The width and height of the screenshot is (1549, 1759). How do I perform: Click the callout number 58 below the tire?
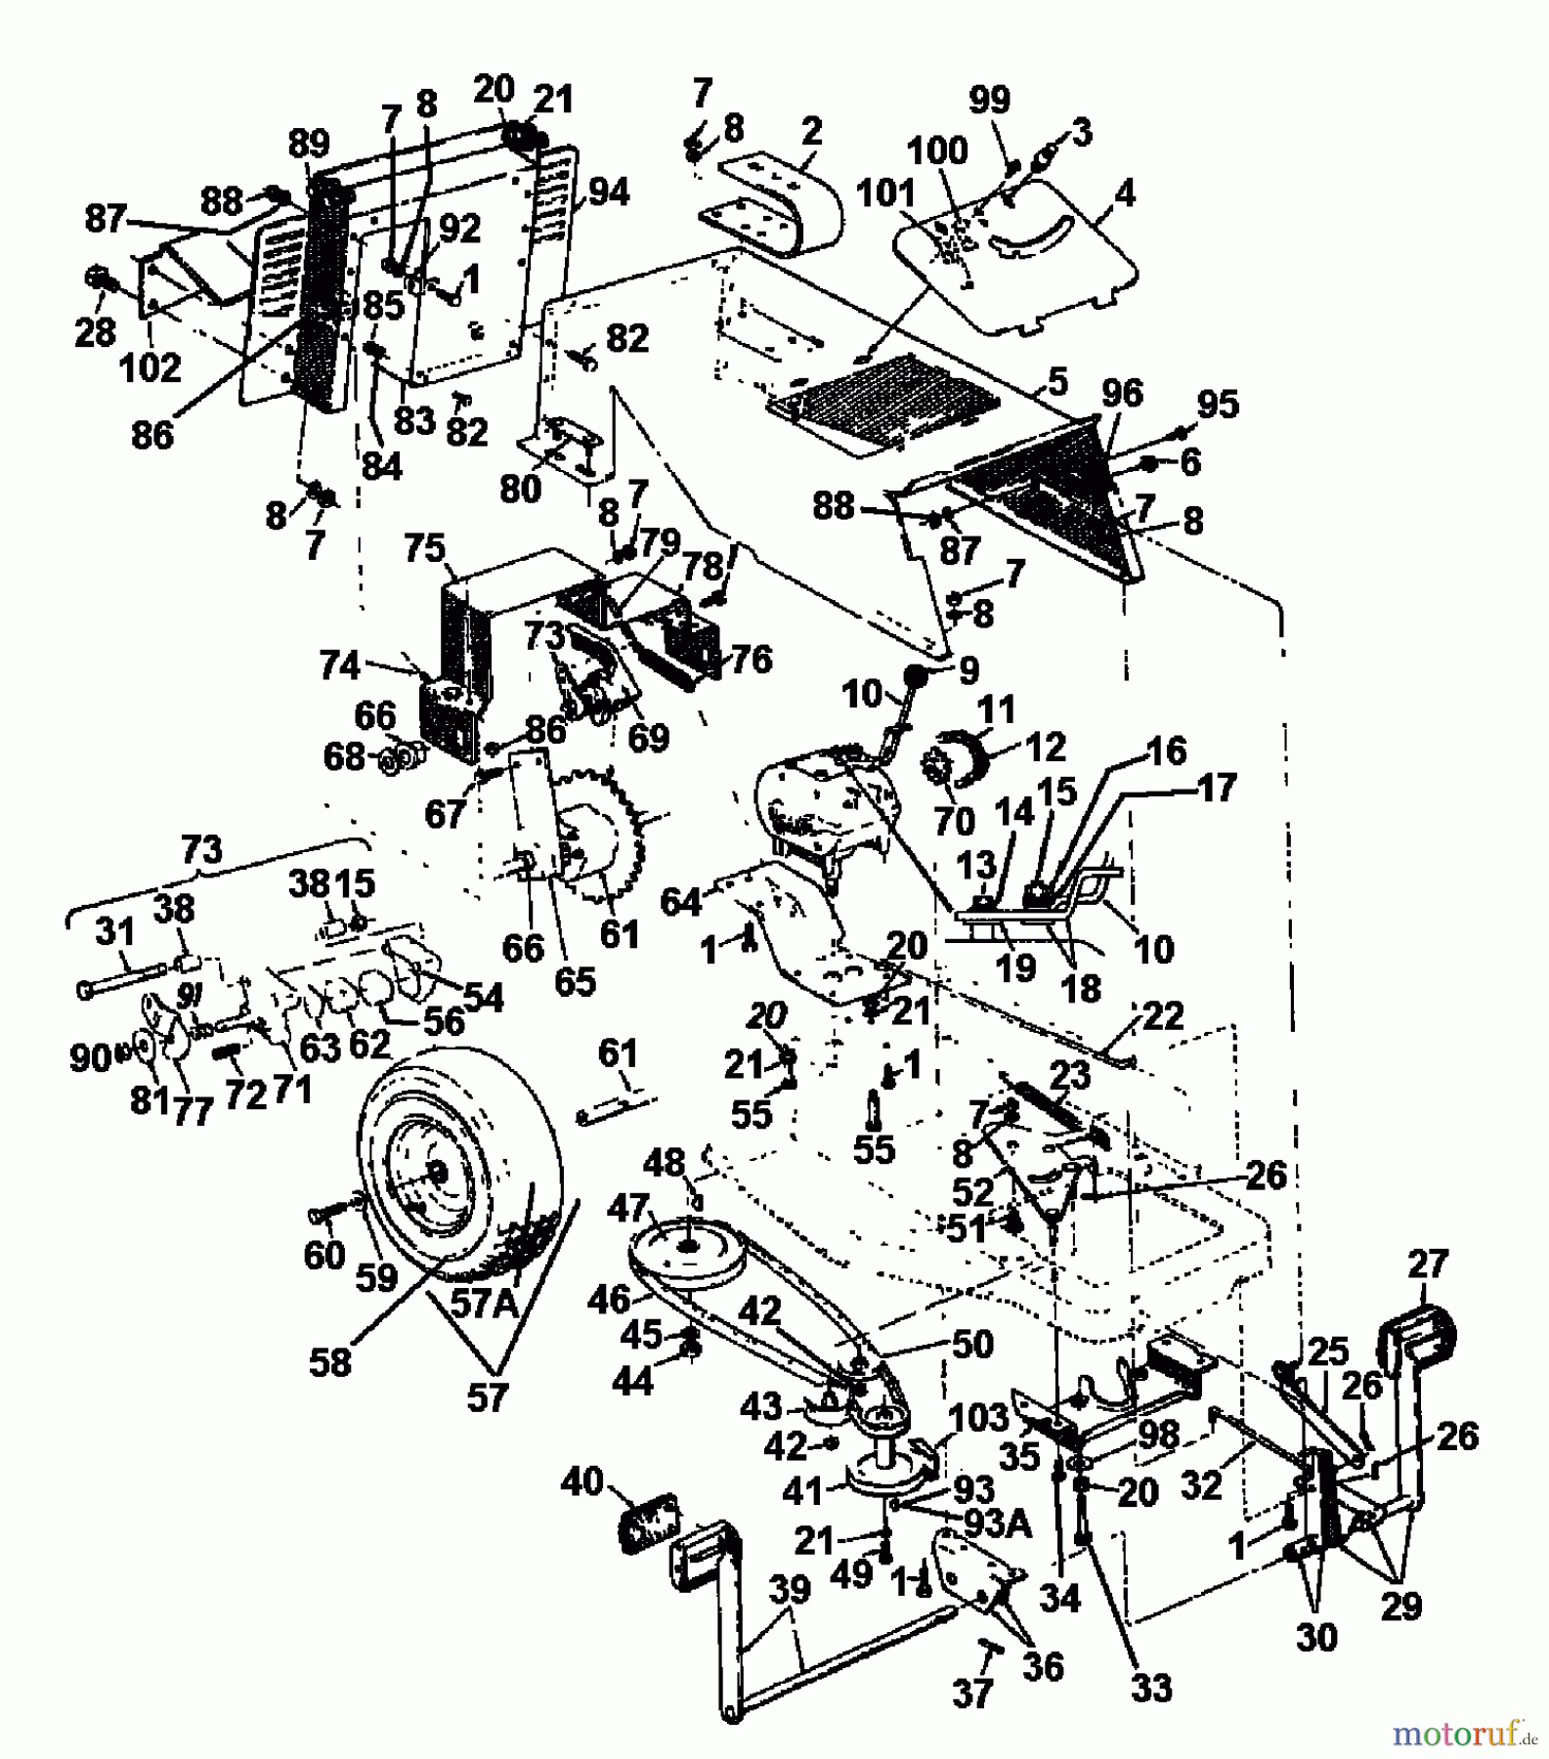(x=329, y=1361)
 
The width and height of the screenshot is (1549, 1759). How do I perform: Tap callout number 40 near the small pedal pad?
(x=583, y=1482)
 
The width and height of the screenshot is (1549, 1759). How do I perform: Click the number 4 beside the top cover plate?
(x=1125, y=193)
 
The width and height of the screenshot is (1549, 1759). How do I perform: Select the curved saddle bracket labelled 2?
(x=782, y=200)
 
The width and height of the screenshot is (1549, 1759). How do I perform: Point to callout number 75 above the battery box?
(x=424, y=549)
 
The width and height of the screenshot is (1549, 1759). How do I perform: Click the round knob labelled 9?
(x=916, y=675)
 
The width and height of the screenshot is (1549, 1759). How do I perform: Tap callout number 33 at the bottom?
(x=1149, y=1688)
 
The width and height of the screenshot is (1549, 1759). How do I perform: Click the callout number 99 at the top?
(x=990, y=101)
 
